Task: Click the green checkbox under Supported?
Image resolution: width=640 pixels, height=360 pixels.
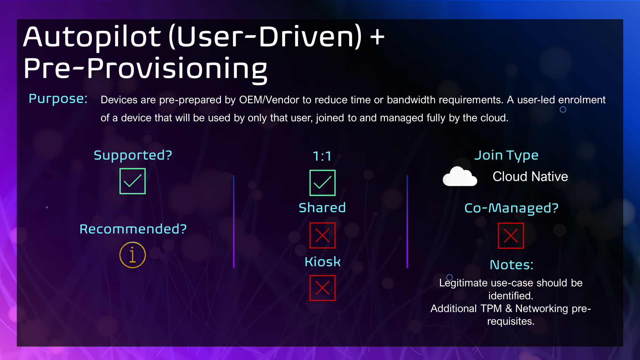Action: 132,181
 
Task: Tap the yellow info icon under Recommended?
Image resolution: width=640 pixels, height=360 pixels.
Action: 132,255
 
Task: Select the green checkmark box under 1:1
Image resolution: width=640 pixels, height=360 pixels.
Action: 323,183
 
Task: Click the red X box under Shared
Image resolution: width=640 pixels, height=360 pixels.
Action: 323,236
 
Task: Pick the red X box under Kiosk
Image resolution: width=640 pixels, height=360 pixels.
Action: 323,288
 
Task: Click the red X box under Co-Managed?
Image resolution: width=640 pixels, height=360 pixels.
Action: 511,236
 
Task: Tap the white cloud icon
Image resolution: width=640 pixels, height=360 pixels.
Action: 460,176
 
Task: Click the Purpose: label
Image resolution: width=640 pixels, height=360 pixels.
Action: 58,99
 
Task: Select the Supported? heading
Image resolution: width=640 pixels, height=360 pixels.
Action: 133,155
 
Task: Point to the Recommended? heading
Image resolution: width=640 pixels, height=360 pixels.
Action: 133,229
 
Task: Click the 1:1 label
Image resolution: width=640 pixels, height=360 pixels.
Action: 322,156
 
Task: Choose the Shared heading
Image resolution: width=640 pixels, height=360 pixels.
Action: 322,208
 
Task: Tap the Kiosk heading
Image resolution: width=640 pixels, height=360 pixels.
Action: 323,262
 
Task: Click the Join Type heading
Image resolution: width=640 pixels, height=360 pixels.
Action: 506,156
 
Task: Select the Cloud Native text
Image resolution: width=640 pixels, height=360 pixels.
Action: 530,177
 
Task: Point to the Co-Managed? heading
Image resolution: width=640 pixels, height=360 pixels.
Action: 511,208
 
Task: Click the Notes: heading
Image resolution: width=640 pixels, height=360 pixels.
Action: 512,265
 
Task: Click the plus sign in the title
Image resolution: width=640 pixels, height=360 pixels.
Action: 377,36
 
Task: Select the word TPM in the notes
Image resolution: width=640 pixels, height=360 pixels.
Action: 491,308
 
